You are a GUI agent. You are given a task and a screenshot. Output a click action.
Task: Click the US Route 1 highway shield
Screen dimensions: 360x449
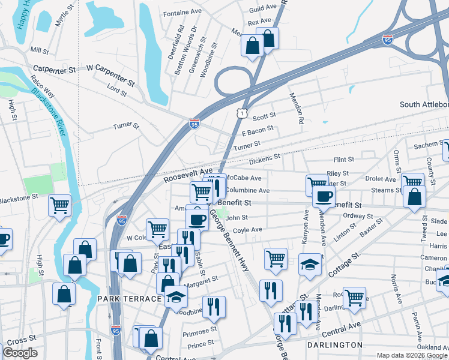[241, 112]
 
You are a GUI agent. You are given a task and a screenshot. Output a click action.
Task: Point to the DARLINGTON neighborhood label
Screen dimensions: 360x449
[334, 345]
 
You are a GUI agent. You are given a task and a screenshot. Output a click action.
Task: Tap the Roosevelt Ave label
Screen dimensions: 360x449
[188, 175]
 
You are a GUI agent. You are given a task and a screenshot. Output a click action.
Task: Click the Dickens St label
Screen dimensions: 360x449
[265, 158]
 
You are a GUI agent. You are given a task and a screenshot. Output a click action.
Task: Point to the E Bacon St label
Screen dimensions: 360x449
[257, 129]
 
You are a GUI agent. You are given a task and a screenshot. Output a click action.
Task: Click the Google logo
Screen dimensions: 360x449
[20, 352]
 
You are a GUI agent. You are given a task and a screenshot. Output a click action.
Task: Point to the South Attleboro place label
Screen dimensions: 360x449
[424, 104]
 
